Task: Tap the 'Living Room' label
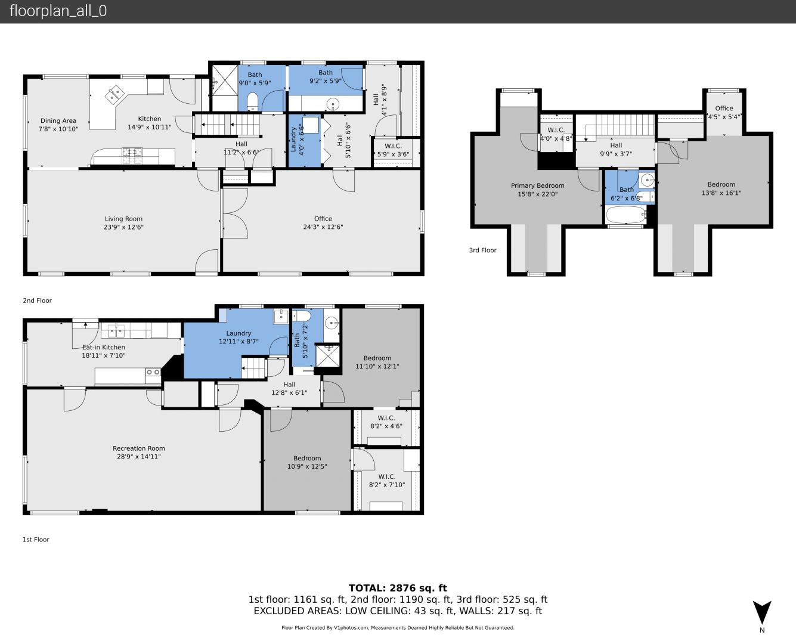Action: tap(123, 219)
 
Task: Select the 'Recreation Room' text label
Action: tap(139, 448)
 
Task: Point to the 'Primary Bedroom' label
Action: tap(537, 186)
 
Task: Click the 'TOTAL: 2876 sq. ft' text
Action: tap(398, 588)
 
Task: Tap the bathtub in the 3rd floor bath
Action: tap(626, 215)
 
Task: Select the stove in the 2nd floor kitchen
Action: tap(132, 156)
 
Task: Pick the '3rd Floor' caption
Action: tap(482, 250)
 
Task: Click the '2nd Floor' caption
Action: tap(37, 301)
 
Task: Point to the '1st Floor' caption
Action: tap(36, 539)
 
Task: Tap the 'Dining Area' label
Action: tap(58, 120)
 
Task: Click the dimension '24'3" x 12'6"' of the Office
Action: tap(323, 227)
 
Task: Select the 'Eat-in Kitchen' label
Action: tap(104, 347)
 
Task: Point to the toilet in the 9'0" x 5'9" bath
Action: tap(253, 102)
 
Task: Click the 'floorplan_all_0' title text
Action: tap(58, 11)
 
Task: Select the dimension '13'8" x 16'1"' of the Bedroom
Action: tap(721, 193)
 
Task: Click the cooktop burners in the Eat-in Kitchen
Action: tap(153, 372)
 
